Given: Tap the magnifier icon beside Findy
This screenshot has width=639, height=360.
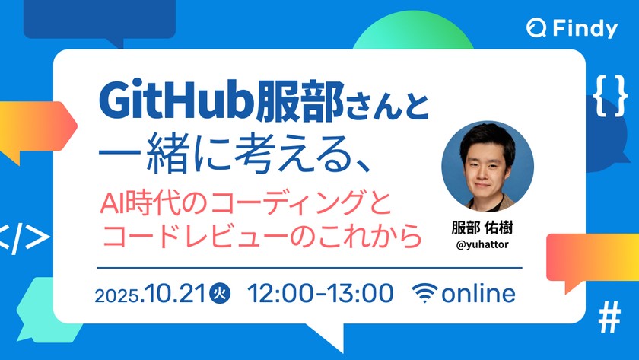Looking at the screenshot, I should [x=536, y=29].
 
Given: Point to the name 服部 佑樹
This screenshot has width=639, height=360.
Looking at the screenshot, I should [x=487, y=228].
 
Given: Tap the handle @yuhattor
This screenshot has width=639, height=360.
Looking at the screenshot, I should [x=487, y=245].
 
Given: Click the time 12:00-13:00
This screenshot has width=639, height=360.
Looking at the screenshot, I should [x=320, y=293].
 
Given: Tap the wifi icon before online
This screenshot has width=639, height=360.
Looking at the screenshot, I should [x=426, y=294].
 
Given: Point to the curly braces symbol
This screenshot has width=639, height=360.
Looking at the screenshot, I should [x=609, y=95].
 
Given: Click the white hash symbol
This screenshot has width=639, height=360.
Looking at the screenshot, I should [x=609, y=319].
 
